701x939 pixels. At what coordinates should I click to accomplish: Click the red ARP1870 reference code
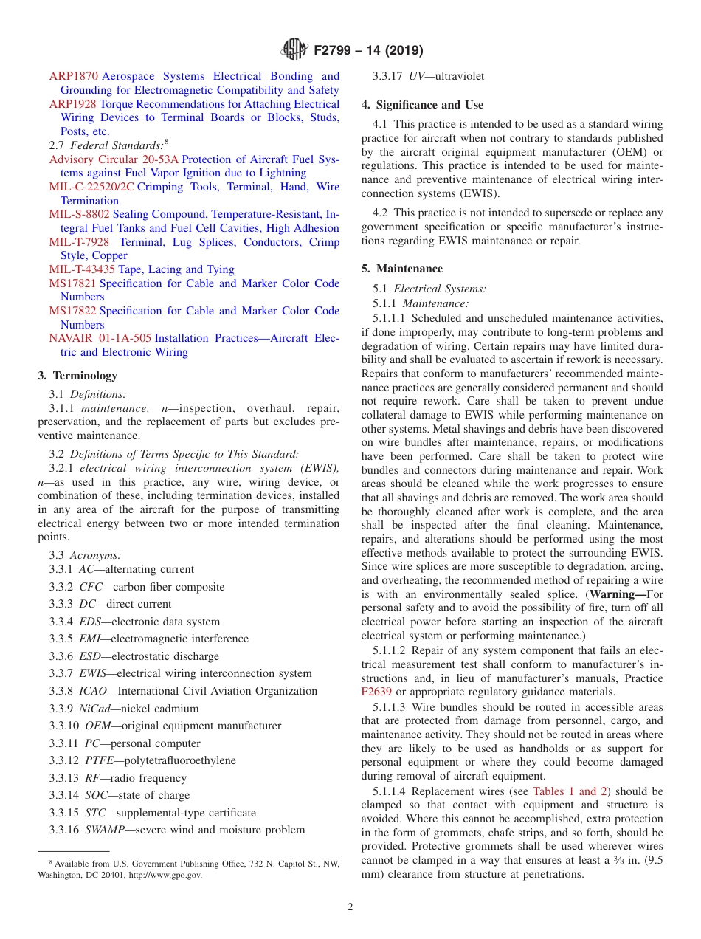click(x=73, y=76)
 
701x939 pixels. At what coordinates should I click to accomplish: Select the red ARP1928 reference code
click(x=72, y=104)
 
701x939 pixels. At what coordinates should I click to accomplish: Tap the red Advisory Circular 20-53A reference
click(x=114, y=159)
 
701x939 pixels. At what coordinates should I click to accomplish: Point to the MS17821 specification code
click(x=72, y=283)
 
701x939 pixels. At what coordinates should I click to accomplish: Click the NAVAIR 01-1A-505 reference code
click(x=100, y=338)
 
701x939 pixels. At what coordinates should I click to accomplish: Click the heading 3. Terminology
click(x=77, y=376)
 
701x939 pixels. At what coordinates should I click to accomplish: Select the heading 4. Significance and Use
click(x=422, y=105)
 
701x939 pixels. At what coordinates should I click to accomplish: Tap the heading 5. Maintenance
click(x=402, y=269)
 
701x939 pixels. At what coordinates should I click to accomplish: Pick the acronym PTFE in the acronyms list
click(x=99, y=760)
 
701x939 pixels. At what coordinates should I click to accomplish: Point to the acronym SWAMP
click(x=106, y=830)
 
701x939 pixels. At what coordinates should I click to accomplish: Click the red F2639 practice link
click(x=376, y=692)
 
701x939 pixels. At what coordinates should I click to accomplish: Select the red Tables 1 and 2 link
click(x=570, y=791)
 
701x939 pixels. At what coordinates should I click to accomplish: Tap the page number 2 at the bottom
click(x=350, y=907)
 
